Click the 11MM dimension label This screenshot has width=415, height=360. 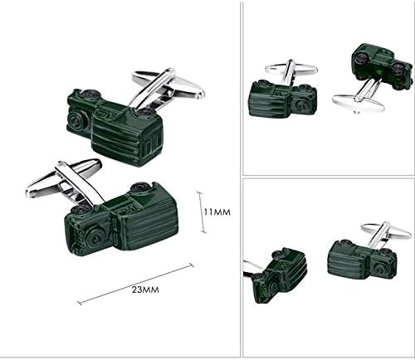[217, 212]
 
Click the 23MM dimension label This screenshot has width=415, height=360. [145, 289]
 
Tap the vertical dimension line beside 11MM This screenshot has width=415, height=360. [203, 212]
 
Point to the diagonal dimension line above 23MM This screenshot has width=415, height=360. [135, 284]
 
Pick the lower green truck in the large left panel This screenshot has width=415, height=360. [121, 218]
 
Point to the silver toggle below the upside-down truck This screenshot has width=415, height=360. [359, 99]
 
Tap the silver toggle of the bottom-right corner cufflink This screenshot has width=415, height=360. [384, 234]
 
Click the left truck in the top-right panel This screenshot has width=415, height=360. [283, 99]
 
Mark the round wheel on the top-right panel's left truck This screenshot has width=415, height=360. [301, 105]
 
